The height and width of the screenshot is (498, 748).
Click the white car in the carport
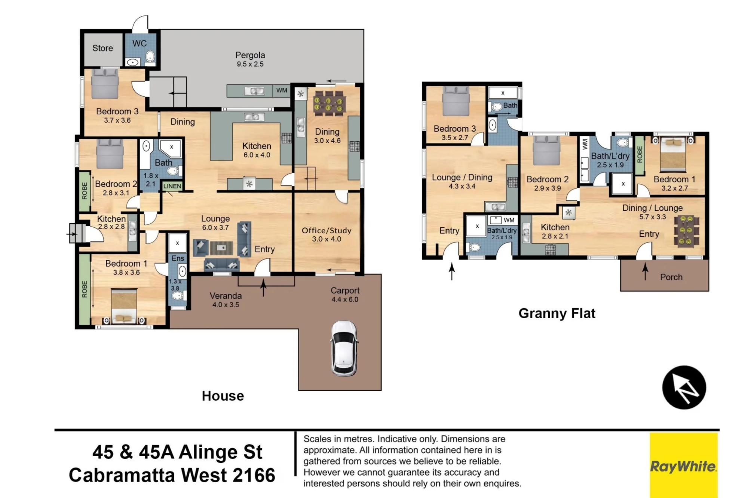click(x=344, y=348)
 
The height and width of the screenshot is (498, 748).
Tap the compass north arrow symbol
click(x=684, y=387)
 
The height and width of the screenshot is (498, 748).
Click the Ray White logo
click(x=683, y=466)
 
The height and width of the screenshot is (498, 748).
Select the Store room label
click(x=102, y=48)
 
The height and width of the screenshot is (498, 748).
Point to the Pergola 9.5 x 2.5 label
click(x=250, y=59)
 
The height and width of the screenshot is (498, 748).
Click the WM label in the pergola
click(x=282, y=90)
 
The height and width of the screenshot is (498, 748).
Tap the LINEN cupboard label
click(x=172, y=186)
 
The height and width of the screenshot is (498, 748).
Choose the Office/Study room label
click(x=327, y=234)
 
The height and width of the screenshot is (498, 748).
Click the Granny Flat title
click(x=557, y=313)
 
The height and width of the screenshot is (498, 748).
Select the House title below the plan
click(x=223, y=396)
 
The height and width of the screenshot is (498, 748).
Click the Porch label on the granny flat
click(x=671, y=277)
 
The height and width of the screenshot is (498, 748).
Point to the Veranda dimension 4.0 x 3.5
click(x=226, y=305)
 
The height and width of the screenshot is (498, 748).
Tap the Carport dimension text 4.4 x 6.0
click(x=344, y=299)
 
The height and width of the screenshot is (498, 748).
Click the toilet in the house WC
click(x=150, y=57)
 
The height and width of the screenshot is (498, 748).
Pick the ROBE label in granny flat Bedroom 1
click(x=639, y=154)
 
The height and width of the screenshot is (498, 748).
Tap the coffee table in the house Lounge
click(x=221, y=248)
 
